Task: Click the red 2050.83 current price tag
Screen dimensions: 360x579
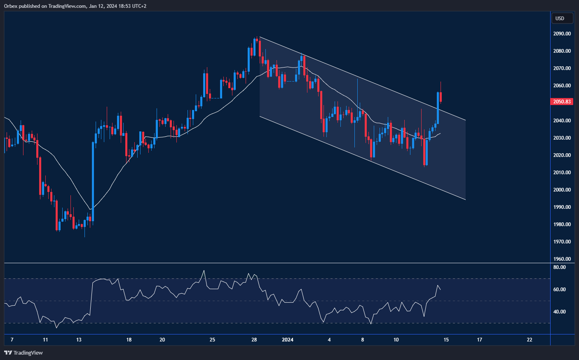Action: [x=562, y=102]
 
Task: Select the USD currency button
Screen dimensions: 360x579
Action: [x=562, y=18]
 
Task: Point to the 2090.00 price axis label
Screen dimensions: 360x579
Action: [x=562, y=34]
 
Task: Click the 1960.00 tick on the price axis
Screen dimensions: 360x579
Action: [x=562, y=259]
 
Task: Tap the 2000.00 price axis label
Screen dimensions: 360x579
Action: [x=562, y=190]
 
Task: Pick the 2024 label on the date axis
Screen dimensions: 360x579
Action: [x=287, y=340]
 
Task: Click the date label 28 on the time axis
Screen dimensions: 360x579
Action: [x=254, y=340]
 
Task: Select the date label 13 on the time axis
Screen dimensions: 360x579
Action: [x=79, y=340]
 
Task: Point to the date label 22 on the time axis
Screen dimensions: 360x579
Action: [x=530, y=340]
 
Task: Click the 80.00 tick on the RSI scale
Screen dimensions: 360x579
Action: [x=559, y=267]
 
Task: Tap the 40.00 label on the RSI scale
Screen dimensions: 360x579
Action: [x=559, y=312]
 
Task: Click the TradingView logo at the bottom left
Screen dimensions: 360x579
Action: [x=23, y=353]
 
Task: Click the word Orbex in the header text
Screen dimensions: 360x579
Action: [x=11, y=6]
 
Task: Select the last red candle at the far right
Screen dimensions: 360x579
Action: [x=441, y=97]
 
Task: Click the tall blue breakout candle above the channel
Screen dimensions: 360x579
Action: [x=438, y=108]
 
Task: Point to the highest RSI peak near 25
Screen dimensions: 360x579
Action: [x=204, y=271]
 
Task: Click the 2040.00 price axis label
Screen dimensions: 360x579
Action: [x=562, y=121]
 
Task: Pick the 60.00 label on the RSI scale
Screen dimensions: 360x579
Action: [x=559, y=290]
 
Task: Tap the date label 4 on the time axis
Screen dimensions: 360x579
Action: [x=329, y=340]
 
